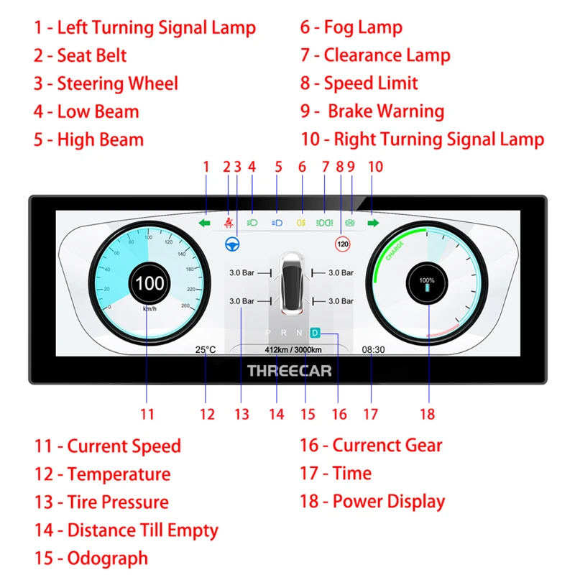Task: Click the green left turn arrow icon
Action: coord(206,224)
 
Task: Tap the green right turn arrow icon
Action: coord(374,224)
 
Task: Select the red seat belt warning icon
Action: coord(229,223)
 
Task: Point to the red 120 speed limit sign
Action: coord(343,244)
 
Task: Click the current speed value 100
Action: coord(149,283)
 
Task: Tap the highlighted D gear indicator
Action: coord(315,333)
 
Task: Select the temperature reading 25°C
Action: coord(205,350)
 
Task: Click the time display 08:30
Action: coord(373,350)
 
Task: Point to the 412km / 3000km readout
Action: coord(293,350)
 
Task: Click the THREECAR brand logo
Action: coord(289,371)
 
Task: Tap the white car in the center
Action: coord(290,284)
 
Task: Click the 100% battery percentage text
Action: coord(427,280)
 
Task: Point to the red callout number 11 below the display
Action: coord(147,414)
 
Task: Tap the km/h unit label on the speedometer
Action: coord(149,309)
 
